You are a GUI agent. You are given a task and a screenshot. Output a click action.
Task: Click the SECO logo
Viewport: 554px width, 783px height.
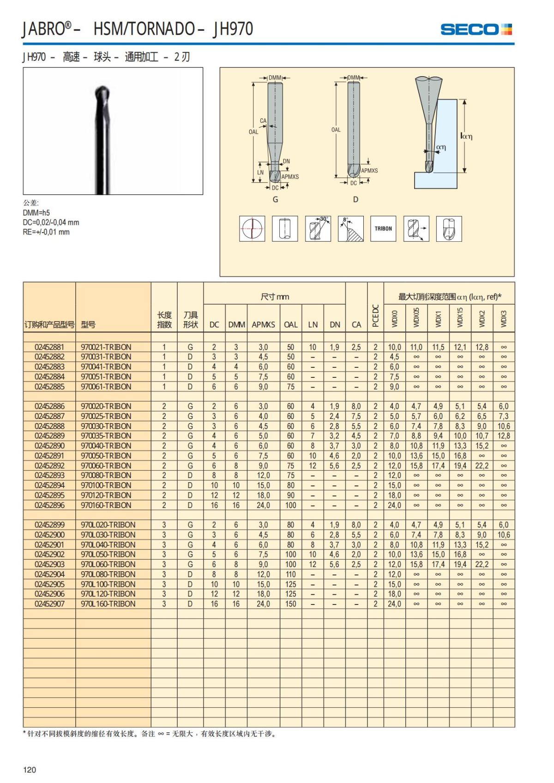(476, 30)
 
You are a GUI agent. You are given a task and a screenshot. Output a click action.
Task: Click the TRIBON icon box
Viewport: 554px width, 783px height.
(383, 228)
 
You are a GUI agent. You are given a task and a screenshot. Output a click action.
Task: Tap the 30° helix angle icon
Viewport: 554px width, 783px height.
(318, 228)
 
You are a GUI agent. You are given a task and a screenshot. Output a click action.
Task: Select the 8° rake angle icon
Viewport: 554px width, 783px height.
(350, 228)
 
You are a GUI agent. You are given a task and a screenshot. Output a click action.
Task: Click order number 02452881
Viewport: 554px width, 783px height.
(49, 347)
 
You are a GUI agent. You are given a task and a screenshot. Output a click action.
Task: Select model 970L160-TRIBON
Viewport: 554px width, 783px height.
(108, 604)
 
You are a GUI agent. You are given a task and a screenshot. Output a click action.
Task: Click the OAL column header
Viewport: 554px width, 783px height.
(291, 324)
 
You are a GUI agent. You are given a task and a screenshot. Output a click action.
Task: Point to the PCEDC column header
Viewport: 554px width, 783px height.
(375, 316)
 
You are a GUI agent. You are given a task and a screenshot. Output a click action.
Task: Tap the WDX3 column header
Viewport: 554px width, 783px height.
(504, 319)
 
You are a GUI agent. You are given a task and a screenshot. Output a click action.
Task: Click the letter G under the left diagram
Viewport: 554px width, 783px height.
(275, 199)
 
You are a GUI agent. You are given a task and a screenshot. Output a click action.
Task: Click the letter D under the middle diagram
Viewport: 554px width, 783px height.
(355, 199)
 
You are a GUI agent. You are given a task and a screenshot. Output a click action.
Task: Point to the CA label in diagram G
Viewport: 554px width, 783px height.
(263, 121)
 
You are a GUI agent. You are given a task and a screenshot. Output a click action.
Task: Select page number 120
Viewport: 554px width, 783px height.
(30, 769)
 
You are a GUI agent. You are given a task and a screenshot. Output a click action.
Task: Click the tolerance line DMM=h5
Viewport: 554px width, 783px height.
(36, 213)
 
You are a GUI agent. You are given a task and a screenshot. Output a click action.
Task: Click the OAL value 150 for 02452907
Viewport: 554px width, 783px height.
(291, 604)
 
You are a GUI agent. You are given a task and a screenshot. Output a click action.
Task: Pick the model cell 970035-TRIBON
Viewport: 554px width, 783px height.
(106, 436)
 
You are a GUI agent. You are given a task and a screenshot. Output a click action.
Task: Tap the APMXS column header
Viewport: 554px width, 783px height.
(263, 324)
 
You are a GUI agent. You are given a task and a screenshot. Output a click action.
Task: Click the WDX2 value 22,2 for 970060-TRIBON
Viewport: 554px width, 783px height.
(482, 466)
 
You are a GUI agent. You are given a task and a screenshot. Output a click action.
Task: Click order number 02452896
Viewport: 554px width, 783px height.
(49, 505)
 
